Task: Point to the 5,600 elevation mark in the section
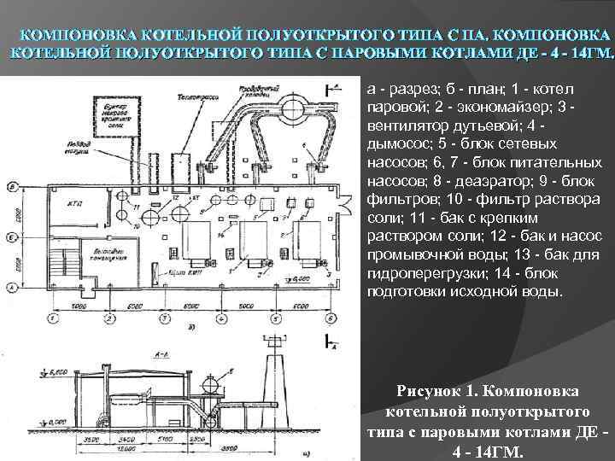click(x=53, y=372)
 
